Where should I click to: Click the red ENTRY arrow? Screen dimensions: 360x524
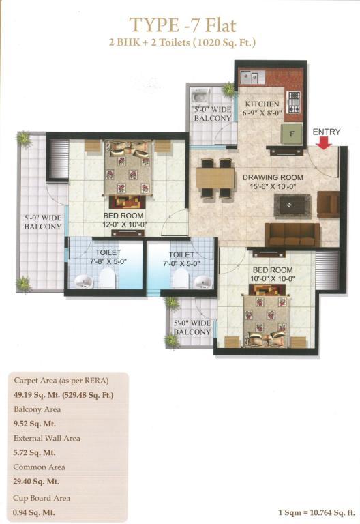[x=324, y=143]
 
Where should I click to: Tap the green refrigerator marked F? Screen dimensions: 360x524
[x=292, y=134]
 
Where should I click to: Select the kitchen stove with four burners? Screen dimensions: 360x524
[x=294, y=102]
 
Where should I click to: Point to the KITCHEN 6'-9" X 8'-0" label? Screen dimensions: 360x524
[x=262, y=108]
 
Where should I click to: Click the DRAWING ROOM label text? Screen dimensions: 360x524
[x=273, y=177]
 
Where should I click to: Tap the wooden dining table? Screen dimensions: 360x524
[x=215, y=178]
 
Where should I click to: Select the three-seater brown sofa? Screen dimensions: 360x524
[x=292, y=235]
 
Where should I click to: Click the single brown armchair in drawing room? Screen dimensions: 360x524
[x=328, y=204]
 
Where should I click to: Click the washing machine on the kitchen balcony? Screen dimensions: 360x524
[x=200, y=98]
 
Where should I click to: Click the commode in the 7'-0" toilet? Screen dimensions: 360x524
[x=181, y=278]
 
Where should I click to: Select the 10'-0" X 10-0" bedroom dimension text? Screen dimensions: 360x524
[x=273, y=278]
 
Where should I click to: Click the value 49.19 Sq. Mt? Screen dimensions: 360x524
[x=36, y=395]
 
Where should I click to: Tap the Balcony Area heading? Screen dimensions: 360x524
[x=37, y=409]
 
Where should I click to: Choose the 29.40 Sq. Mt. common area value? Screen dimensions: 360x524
[x=36, y=482]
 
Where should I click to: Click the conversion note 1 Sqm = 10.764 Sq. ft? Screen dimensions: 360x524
[x=316, y=512]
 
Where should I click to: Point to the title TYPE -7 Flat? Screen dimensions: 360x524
[x=183, y=25]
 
